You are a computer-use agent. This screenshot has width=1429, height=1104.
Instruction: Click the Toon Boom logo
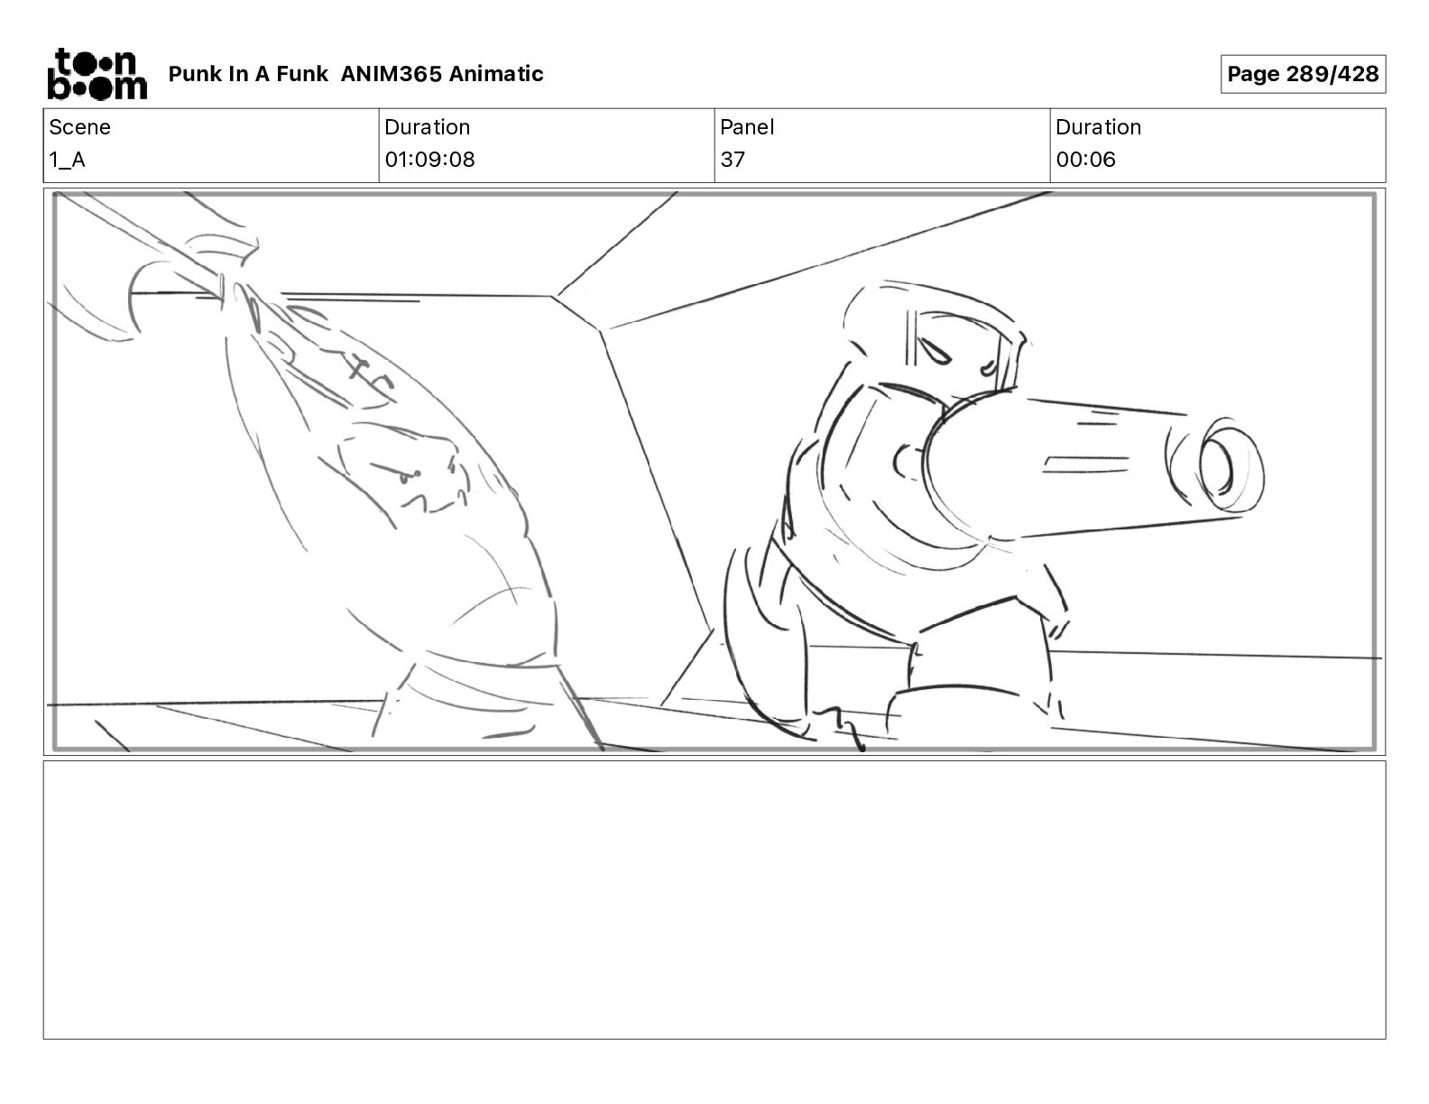click(x=97, y=74)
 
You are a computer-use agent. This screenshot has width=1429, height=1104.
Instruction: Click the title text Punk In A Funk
click(x=248, y=74)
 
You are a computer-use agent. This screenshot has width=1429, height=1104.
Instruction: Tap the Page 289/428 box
click(x=1303, y=74)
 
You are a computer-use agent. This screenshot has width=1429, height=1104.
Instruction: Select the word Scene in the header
click(x=79, y=127)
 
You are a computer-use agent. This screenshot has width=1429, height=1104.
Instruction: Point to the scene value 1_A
click(x=67, y=160)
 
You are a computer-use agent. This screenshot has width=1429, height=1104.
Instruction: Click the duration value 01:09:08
click(x=429, y=160)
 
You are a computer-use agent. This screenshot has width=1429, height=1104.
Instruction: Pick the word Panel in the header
click(x=747, y=127)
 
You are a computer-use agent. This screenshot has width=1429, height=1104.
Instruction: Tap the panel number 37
click(x=733, y=160)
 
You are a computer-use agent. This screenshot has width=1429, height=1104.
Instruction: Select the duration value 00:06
click(x=1085, y=160)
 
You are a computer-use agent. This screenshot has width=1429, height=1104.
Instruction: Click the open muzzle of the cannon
click(x=1217, y=465)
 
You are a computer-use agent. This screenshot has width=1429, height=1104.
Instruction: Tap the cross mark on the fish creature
click(x=358, y=367)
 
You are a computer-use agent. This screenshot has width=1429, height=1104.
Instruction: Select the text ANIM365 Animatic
click(x=442, y=74)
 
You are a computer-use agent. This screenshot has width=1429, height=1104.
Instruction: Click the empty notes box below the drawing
click(x=714, y=900)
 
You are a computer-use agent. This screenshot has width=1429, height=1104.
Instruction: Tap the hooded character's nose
click(x=987, y=368)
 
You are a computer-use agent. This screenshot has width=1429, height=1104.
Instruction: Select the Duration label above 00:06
click(x=1098, y=127)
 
